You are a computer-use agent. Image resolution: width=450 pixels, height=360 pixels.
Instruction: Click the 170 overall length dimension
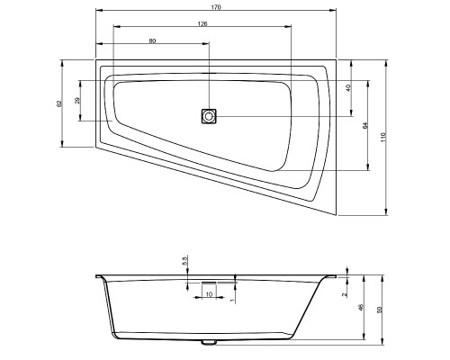[216, 7]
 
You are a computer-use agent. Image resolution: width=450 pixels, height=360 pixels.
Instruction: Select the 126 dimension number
[202, 23]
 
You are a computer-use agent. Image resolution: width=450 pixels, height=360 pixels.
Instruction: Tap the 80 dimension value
[152, 41]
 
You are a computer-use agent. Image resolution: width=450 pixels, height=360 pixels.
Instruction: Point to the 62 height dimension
[59, 103]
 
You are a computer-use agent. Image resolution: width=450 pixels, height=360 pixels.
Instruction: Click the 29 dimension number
[77, 101]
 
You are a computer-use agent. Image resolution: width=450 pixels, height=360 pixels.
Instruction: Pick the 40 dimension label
[348, 88]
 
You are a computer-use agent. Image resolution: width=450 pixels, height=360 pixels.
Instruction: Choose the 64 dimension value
[364, 126]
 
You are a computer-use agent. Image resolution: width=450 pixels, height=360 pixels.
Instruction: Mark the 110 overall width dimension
[383, 137]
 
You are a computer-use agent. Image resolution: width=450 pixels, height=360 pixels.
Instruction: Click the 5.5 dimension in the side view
[184, 260]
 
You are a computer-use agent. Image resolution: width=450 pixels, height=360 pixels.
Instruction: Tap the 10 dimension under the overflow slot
[209, 294]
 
